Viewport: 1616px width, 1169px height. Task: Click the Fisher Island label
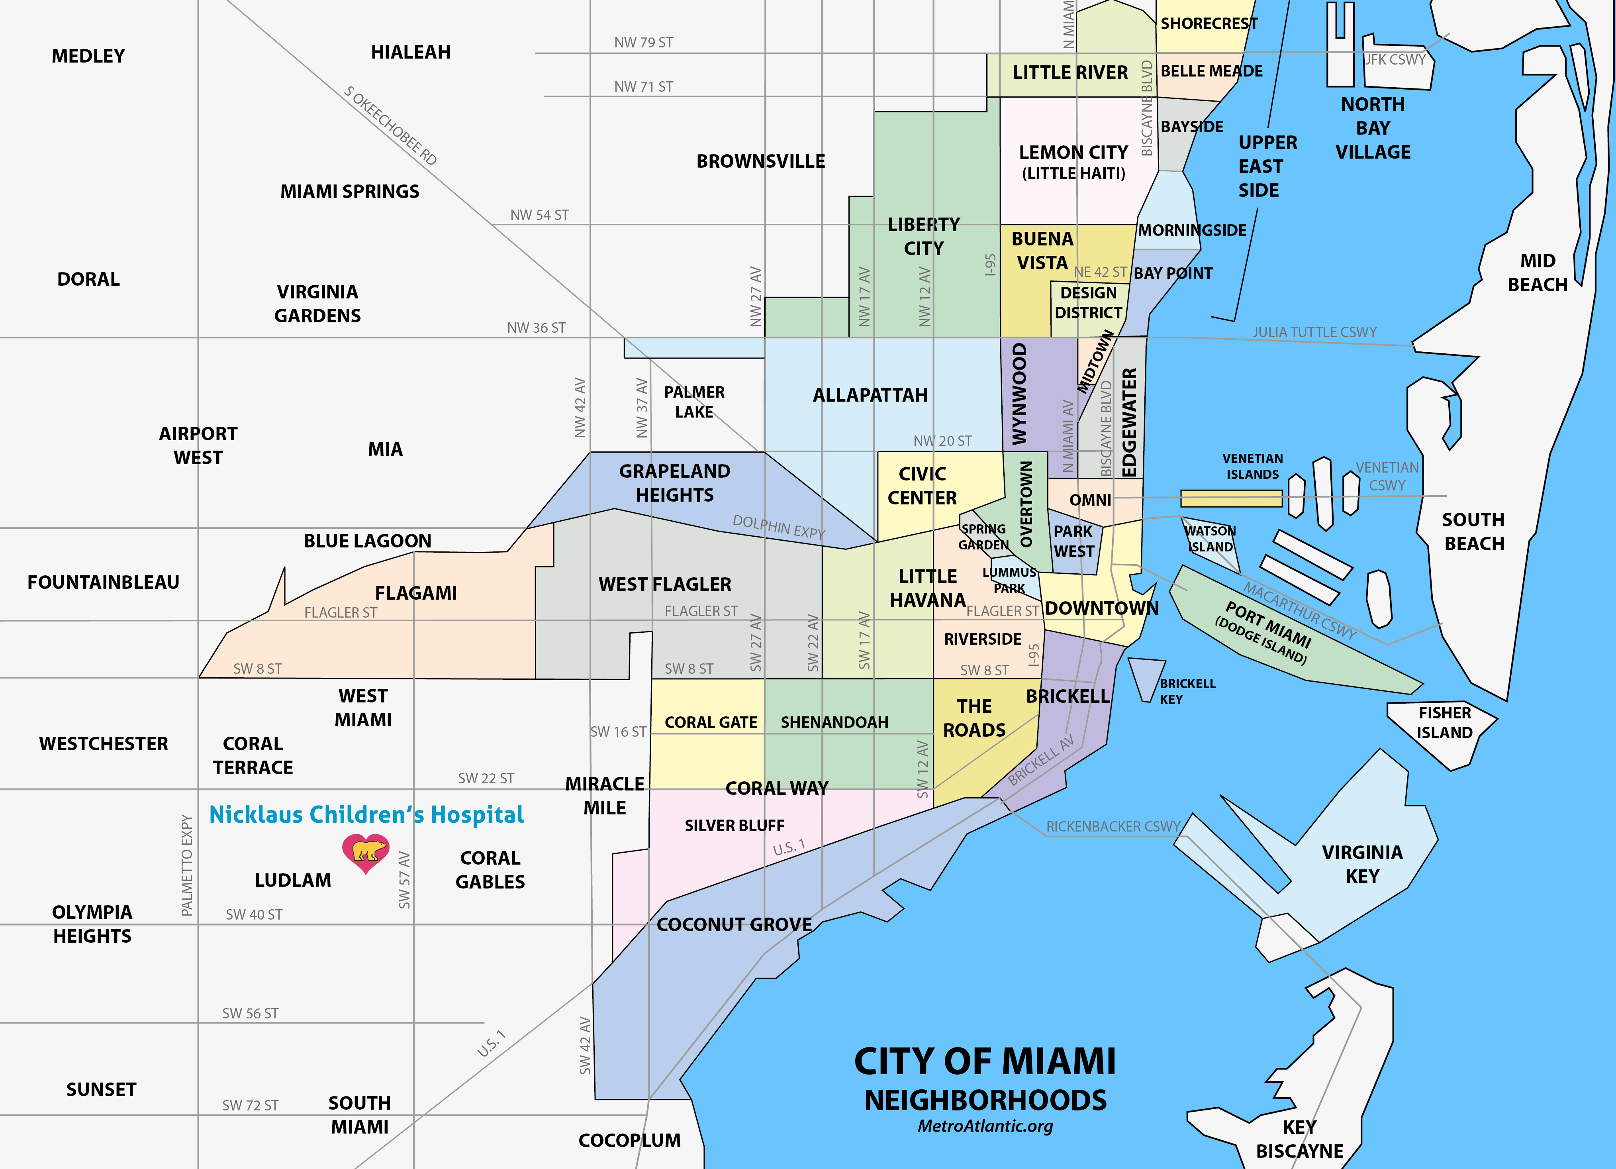click(x=1444, y=723)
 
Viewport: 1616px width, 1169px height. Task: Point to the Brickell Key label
click(x=1187, y=691)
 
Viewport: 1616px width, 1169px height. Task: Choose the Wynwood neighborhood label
click(x=1020, y=394)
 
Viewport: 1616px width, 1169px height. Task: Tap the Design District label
click(x=1088, y=303)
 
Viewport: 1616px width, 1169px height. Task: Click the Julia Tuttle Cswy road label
click(x=1314, y=332)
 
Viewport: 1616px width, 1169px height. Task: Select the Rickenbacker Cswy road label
click(x=1113, y=827)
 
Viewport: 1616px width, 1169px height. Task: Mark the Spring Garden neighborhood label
click(x=983, y=537)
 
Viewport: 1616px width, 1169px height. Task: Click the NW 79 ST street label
click(x=643, y=43)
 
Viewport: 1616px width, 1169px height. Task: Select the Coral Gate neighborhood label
click(x=710, y=722)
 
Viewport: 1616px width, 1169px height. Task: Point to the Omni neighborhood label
click(x=1090, y=500)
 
